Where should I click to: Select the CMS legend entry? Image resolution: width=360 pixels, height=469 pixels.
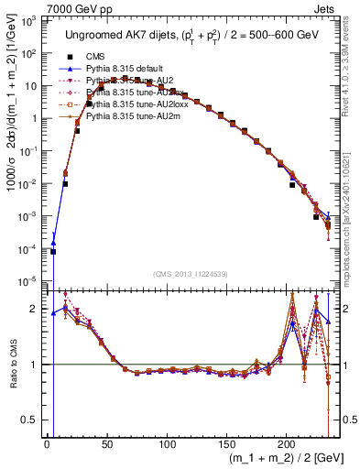click(x=96, y=56)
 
